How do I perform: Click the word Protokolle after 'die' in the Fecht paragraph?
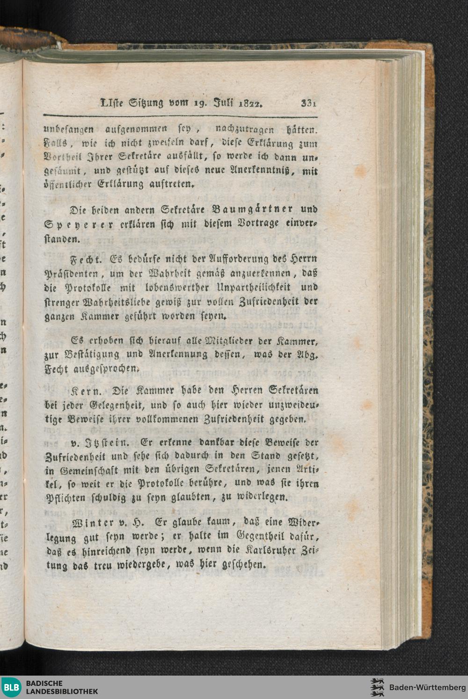(88, 287)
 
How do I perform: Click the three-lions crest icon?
(377, 687)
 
